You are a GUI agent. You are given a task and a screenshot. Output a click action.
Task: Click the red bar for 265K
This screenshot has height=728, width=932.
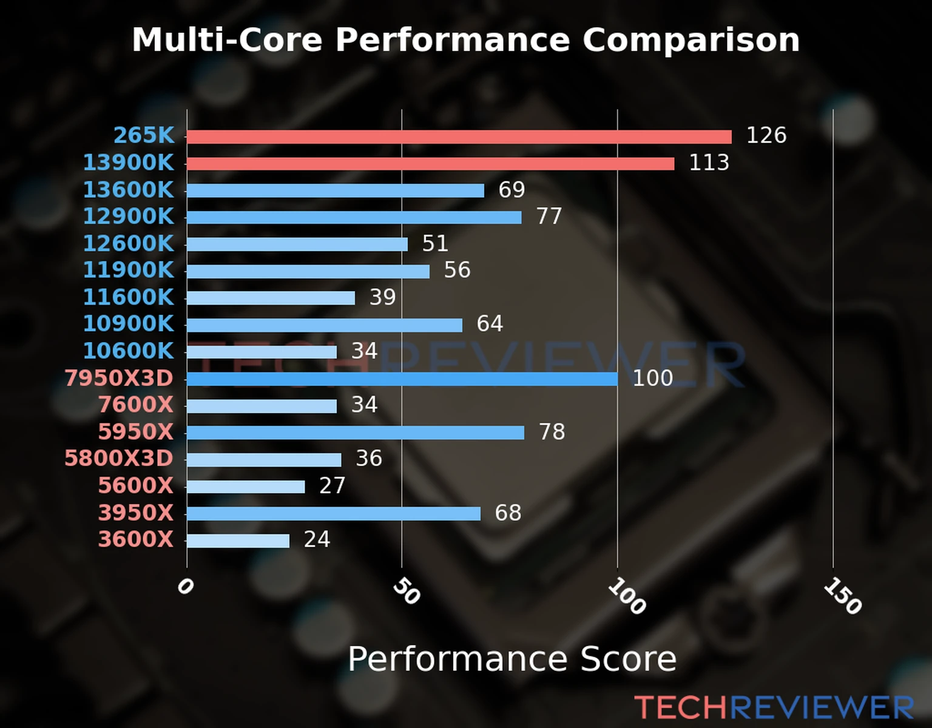coord(459,136)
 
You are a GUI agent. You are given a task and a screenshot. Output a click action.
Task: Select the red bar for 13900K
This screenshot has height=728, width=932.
coord(430,164)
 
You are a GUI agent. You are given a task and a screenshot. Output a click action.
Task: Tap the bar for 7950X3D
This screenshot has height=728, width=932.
coord(402,379)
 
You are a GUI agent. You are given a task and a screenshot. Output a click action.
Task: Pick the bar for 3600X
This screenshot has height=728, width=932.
coord(238,541)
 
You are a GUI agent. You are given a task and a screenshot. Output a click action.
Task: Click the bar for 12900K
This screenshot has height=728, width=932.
coord(354,217)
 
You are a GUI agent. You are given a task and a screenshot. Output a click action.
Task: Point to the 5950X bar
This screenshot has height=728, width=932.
coord(356,433)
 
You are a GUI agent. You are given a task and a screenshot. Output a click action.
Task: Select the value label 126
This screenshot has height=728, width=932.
coord(766,135)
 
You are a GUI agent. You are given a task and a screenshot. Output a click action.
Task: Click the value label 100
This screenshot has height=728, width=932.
coord(652,378)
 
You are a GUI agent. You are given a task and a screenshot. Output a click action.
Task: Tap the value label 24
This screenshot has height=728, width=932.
coord(317,539)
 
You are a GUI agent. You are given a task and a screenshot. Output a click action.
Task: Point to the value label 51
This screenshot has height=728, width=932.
coord(435,243)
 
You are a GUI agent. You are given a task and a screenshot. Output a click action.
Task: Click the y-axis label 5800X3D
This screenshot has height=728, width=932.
coord(119,459)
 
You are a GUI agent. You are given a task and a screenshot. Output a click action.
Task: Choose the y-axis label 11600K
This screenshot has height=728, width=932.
coord(128,297)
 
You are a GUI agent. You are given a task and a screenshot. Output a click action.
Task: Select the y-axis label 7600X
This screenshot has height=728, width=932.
coord(136,405)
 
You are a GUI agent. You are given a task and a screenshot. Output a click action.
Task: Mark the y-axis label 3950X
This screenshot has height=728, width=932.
coord(136,513)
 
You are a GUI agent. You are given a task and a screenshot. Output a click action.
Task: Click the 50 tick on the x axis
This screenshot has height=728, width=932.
coord(406,591)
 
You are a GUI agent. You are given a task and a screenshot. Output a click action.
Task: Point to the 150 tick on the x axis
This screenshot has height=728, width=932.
coord(842,596)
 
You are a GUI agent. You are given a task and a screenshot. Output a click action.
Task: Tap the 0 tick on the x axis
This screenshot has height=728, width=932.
coord(185,587)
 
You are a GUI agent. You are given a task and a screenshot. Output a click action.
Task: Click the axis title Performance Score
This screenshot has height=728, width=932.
coord(512,659)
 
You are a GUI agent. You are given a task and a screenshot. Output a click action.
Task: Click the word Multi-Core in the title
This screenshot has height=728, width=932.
coord(227,40)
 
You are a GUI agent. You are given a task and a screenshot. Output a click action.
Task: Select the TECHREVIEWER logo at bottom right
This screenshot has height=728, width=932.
coord(774,707)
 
